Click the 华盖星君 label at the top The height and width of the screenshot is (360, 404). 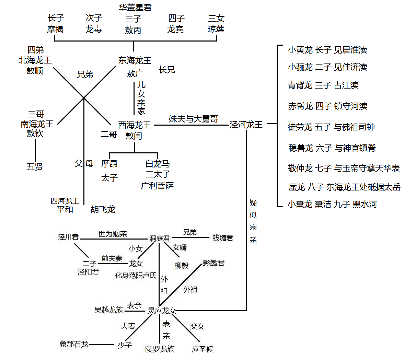[x=135, y=7]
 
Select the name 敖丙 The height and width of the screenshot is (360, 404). [x=133, y=30]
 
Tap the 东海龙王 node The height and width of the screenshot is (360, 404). [x=135, y=61]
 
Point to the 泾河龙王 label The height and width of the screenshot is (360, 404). [x=246, y=125]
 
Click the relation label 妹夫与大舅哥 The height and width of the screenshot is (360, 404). [x=193, y=119]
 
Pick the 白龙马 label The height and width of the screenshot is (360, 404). [x=158, y=164]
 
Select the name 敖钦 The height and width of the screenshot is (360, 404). [x=35, y=133]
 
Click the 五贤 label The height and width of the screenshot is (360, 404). [x=35, y=167]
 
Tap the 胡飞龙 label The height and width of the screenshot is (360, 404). [x=103, y=209]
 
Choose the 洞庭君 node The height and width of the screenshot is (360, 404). [x=160, y=238]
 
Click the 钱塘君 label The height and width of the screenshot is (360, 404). [x=223, y=237]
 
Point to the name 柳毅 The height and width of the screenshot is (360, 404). [x=182, y=265]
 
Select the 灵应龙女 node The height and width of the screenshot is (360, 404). [x=162, y=311]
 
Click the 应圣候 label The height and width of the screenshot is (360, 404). [x=203, y=349]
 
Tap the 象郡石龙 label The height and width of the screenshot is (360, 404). [x=74, y=344]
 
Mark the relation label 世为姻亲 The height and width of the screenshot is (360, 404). [x=113, y=234]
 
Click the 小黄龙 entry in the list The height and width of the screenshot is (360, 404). [x=300, y=50]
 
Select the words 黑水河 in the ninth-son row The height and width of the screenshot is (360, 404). [x=365, y=205]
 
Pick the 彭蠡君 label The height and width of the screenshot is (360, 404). [x=213, y=263]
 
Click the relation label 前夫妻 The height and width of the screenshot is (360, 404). [x=112, y=258]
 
